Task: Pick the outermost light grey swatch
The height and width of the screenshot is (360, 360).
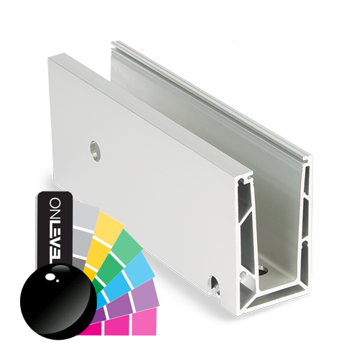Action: point(84,215)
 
